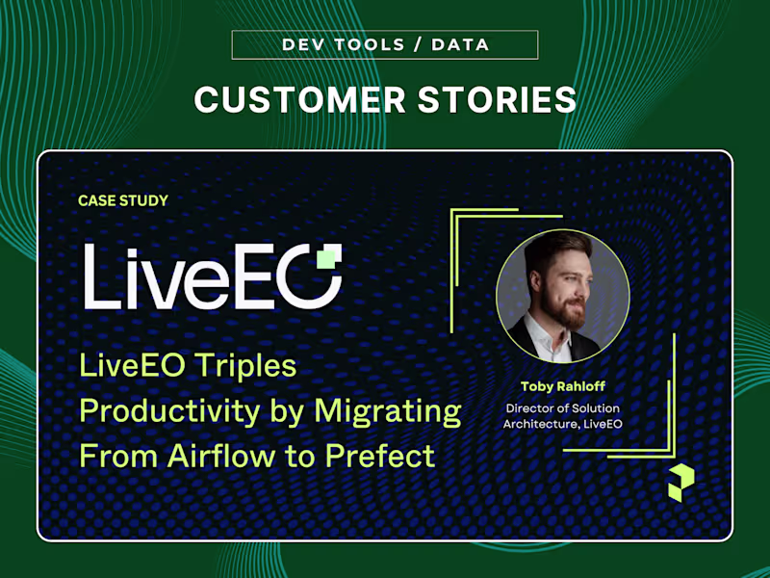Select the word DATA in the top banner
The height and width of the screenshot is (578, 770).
[461, 44]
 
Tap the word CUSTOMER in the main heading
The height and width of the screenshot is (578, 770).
[300, 100]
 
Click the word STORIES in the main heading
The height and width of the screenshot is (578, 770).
[497, 100]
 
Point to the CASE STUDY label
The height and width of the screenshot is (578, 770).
[123, 200]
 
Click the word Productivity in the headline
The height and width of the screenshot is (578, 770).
[170, 411]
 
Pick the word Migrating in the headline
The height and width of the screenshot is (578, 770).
[388, 411]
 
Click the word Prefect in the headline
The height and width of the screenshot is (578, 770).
[380, 456]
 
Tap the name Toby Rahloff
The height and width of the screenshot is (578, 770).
[563, 386]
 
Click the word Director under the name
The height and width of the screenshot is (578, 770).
[527, 408]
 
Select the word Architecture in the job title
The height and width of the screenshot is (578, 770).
[541, 424]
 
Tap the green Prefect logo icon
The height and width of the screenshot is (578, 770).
[681, 483]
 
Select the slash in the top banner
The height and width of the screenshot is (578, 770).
[418, 44]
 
